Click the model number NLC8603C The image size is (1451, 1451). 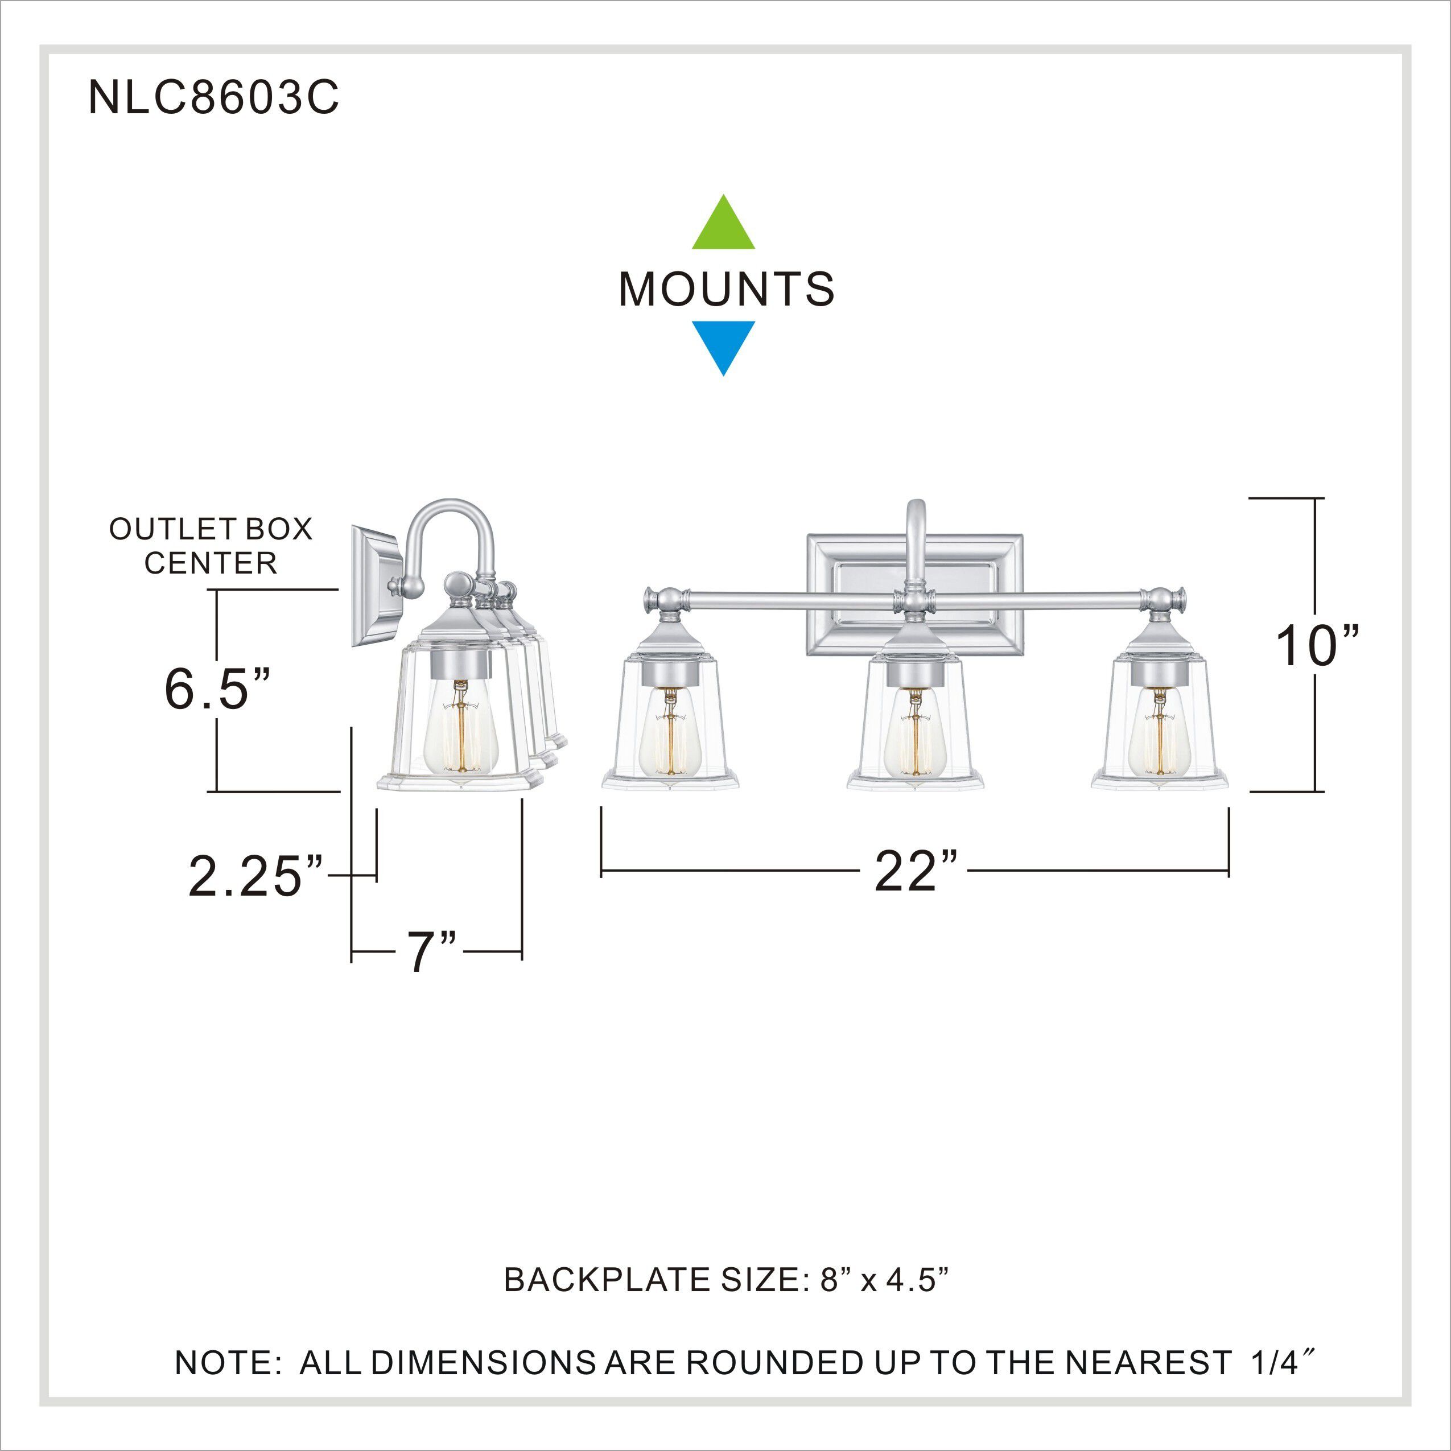point(213,98)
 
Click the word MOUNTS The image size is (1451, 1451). point(725,289)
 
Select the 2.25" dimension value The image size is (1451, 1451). point(255,876)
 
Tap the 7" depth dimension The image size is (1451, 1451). point(431,953)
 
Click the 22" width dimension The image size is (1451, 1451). point(916,872)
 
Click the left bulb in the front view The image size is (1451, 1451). point(670,732)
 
